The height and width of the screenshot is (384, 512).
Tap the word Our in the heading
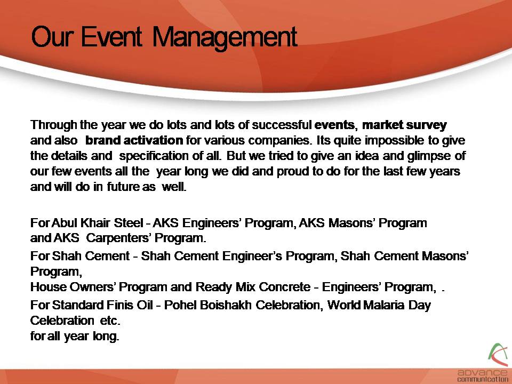click(x=51, y=37)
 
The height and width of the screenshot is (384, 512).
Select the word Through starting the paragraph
click(x=54, y=125)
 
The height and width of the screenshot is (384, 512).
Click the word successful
click(x=282, y=125)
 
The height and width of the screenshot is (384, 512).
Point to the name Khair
click(x=95, y=223)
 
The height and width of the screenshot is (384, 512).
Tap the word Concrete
click(x=284, y=287)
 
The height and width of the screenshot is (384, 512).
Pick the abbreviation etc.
click(x=110, y=321)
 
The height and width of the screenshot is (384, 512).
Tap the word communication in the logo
click(x=483, y=379)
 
